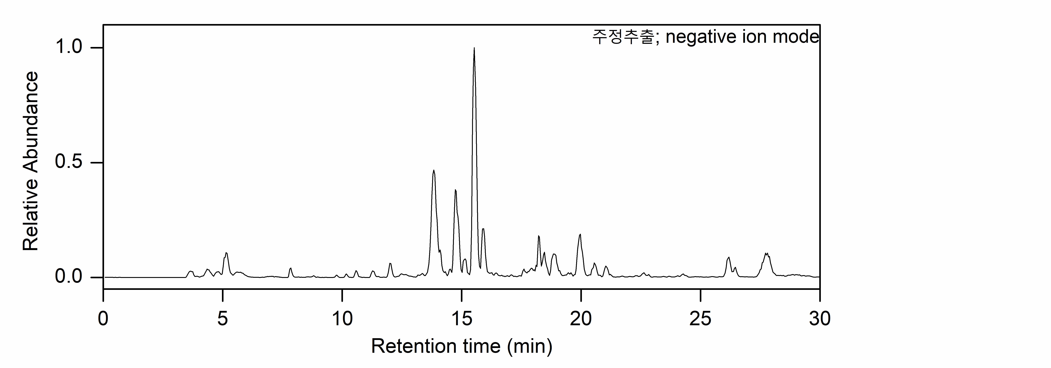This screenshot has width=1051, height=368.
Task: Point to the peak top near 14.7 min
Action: click(455, 190)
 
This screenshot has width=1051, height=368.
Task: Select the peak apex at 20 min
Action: click(580, 235)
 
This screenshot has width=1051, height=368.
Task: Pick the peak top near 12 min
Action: click(390, 264)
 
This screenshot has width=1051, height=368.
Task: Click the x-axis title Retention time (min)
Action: click(461, 346)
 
